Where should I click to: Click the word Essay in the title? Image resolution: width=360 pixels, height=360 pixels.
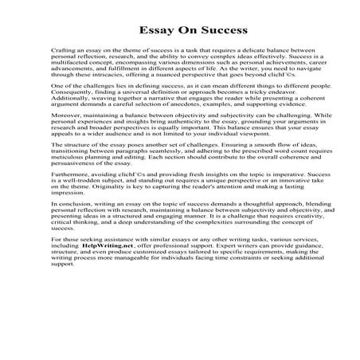point(151,30)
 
